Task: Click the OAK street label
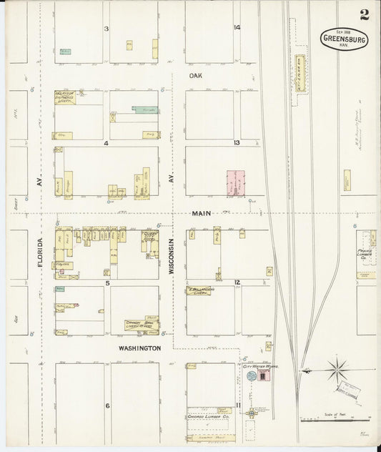click(197, 74)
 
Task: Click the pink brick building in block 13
click(234, 182)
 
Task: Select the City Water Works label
click(259, 365)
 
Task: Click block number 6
click(107, 406)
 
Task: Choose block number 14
click(237, 28)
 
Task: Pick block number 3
click(106, 29)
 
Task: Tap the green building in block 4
click(145, 110)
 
